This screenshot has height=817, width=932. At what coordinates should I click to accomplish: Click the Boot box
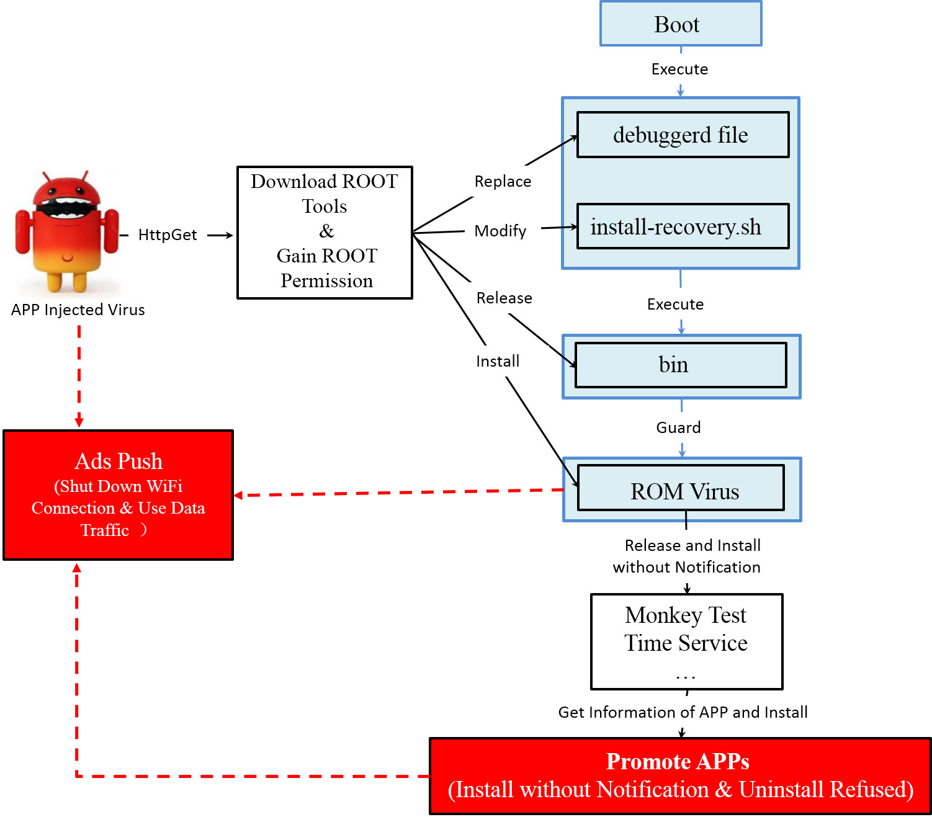pyautogui.click(x=680, y=24)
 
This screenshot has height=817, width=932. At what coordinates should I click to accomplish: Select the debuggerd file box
pyautogui.click(x=683, y=135)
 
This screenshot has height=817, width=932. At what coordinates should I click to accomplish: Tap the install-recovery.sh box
pyautogui.click(x=683, y=226)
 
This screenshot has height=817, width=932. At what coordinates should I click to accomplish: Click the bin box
pyautogui.click(x=681, y=365)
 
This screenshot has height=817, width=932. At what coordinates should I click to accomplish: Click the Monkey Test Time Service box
pyautogui.click(x=686, y=641)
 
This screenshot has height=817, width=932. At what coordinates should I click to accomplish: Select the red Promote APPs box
pyautogui.click(x=680, y=776)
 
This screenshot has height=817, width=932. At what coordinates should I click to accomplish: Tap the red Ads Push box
pyautogui.click(x=118, y=495)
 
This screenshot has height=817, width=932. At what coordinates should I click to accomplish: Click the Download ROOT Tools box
pyautogui.click(x=325, y=232)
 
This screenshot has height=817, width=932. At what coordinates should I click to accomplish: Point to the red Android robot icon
pyautogui.click(x=67, y=233)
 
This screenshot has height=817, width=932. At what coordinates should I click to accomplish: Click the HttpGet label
pyautogui.click(x=168, y=235)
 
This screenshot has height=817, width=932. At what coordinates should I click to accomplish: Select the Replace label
pyautogui.click(x=503, y=182)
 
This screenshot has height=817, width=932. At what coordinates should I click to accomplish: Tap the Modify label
pyautogui.click(x=500, y=231)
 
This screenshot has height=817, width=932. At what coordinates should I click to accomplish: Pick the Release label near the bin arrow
pyautogui.click(x=504, y=298)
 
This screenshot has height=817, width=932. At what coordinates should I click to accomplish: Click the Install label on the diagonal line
pyautogui.click(x=498, y=362)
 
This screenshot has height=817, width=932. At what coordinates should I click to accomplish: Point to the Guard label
pyautogui.click(x=678, y=428)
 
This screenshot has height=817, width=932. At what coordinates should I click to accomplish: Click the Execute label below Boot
pyautogui.click(x=679, y=69)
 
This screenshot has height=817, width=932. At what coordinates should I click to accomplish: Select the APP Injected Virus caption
pyautogui.click(x=78, y=310)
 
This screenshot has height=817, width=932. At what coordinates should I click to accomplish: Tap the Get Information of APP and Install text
pyautogui.click(x=683, y=713)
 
